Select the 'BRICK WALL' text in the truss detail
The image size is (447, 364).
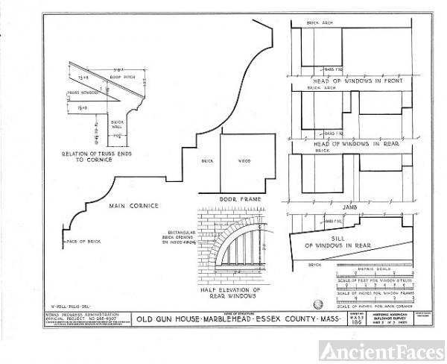(x=117, y=123)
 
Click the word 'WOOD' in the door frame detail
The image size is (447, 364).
(x=244, y=160)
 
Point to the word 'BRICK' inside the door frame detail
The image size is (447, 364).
(x=208, y=160)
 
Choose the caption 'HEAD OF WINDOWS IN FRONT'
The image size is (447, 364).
(x=358, y=81)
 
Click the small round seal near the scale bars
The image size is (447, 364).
(x=320, y=304)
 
